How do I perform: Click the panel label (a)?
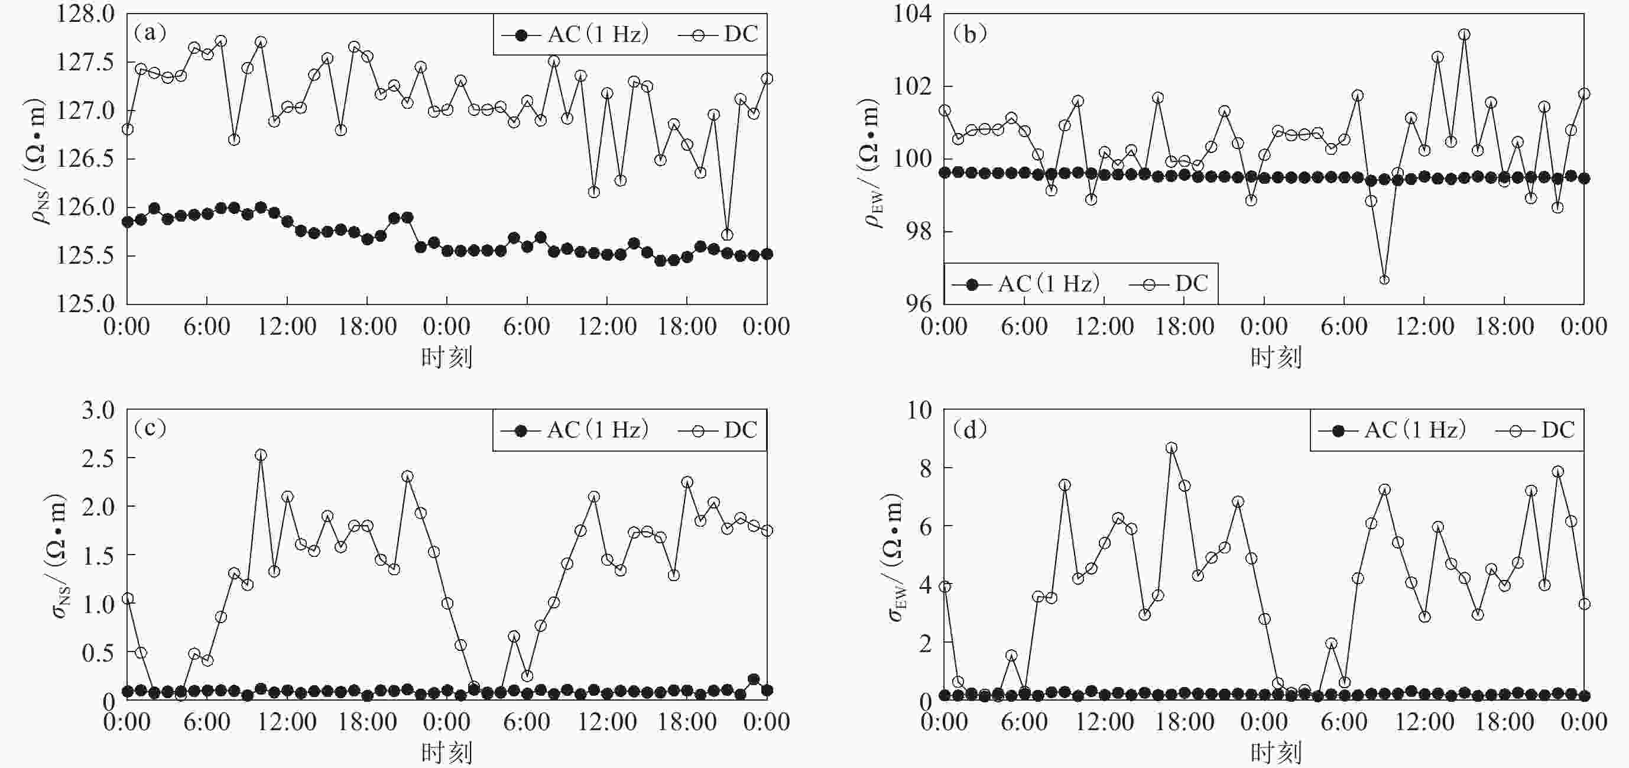(150, 33)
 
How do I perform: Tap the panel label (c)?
(150, 428)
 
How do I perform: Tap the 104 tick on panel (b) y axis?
(912, 14)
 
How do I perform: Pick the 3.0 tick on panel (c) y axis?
(98, 410)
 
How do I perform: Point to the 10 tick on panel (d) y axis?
(920, 410)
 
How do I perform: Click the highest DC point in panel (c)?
(261, 455)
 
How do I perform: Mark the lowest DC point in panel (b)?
(1384, 280)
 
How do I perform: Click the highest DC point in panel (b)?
(1464, 34)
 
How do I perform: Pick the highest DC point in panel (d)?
(1171, 448)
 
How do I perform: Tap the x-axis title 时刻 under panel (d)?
(1276, 753)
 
